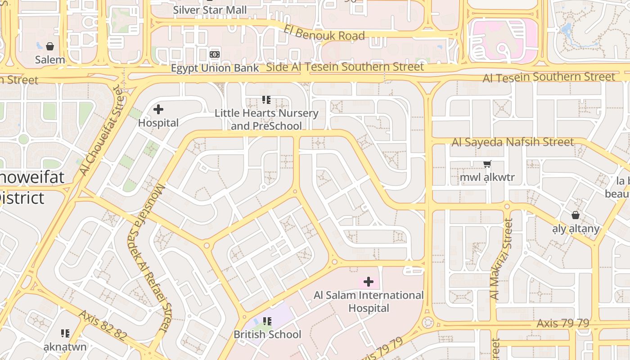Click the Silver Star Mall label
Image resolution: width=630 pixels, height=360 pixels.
pos(210,10)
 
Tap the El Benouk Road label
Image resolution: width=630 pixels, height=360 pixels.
pos(324,32)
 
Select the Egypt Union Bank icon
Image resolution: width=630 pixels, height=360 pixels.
pos(215,54)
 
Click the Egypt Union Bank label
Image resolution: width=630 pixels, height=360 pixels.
pos(215,68)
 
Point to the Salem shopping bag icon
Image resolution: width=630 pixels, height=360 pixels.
pos(50,46)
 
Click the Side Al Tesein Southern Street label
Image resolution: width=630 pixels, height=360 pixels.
pos(345,67)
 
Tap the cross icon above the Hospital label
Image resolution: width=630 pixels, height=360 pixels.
pos(158,109)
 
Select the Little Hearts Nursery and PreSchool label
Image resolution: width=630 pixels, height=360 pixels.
pos(266,119)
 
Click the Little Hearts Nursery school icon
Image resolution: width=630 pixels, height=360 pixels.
pos(266,100)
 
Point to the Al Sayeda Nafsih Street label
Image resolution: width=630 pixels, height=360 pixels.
pos(513,143)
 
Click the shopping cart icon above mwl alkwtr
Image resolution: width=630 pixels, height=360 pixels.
pos(487,164)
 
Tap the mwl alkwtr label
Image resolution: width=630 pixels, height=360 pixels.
pos(487,177)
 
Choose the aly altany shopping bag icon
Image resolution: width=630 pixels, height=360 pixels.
pos(576,216)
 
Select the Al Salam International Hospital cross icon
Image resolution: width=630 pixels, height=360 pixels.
pos(369,282)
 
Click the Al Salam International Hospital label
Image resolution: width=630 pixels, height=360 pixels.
pos(369,301)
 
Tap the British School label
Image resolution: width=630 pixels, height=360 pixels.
pos(267,334)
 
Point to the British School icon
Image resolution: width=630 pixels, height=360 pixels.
pos(267,321)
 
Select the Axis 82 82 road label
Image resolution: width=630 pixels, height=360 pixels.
pos(103,325)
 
